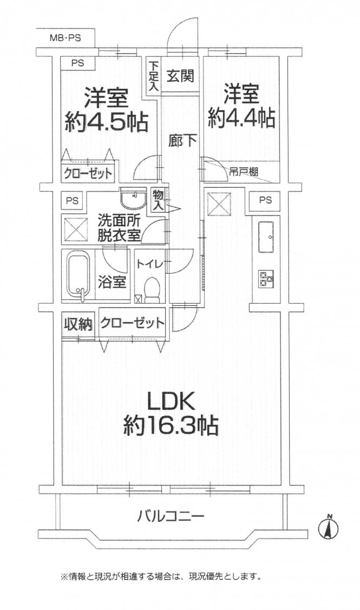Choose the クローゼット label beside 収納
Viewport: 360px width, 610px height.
pyautogui.click(x=132, y=324)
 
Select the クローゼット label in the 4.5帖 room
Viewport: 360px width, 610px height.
pyautogui.click(x=88, y=174)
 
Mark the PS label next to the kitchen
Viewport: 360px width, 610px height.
pyautogui.click(x=264, y=200)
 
